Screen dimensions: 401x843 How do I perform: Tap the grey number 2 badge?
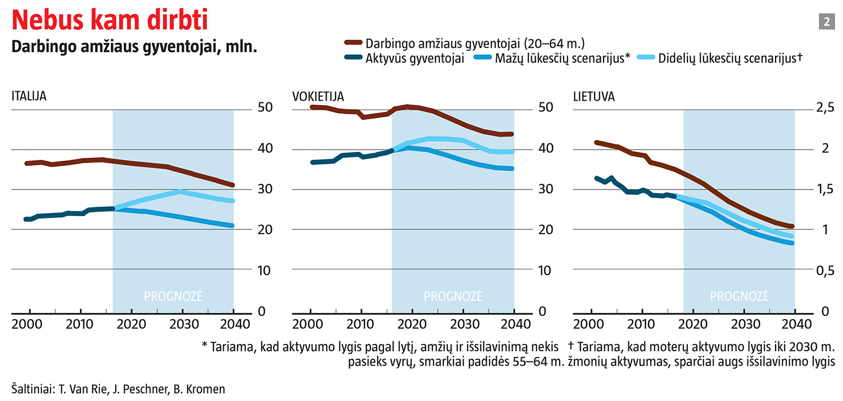tap(827, 22)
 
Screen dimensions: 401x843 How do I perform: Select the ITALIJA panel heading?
tap(29, 96)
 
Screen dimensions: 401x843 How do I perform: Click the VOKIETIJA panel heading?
tap(318, 96)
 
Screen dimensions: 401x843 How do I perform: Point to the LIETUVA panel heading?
tap(593, 96)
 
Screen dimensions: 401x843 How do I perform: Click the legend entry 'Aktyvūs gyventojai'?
tap(415, 58)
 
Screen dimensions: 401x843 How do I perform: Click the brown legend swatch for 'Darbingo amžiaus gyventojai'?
tap(352, 43)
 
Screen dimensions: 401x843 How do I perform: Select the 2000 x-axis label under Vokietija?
tap(306, 324)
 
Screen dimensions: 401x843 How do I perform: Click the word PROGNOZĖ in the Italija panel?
tap(173, 296)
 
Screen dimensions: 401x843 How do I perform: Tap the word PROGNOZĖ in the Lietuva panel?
tap(739, 296)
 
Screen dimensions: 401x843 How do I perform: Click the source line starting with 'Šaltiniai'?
tap(118, 389)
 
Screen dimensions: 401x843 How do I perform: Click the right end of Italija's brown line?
tap(232, 184)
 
